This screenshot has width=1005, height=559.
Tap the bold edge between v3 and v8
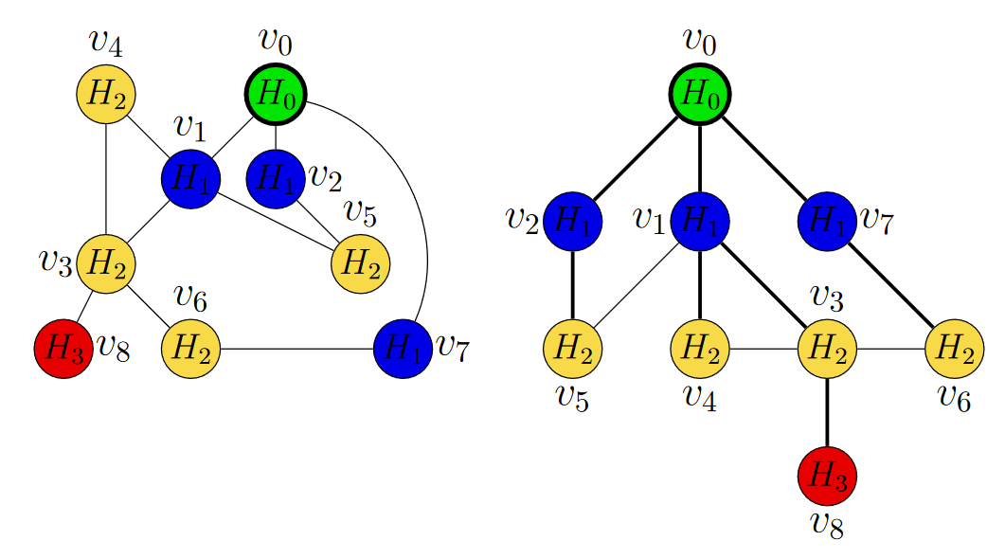pos(827,411)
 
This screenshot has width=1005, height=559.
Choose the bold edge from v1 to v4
pos(699,284)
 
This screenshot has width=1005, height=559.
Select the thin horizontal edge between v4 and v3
pos(763,349)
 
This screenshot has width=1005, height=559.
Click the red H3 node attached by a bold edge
pos(827,476)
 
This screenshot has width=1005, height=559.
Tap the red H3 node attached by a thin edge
pos(63,349)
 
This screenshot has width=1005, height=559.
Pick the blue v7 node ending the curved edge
pos(403,349)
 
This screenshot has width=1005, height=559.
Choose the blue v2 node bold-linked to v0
pos(572,221)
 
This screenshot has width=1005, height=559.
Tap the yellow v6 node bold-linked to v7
pos(955,349)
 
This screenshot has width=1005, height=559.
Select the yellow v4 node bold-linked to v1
pos(699,349)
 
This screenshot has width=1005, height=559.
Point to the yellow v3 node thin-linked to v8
pos(105,262)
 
